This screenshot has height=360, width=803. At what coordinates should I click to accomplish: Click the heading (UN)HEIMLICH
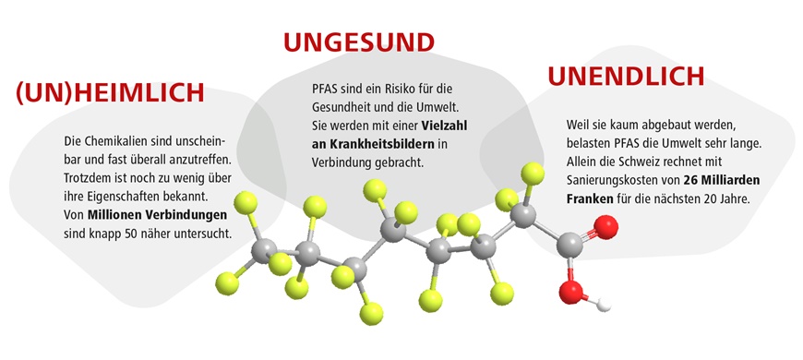click(109, 94)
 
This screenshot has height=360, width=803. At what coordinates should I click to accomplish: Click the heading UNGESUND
click(358, 42)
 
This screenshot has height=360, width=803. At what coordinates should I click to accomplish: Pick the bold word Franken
click(592, 198)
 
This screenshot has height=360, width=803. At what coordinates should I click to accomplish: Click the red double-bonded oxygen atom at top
click(605, 226)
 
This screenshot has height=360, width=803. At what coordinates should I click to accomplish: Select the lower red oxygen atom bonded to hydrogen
click(571, 293)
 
